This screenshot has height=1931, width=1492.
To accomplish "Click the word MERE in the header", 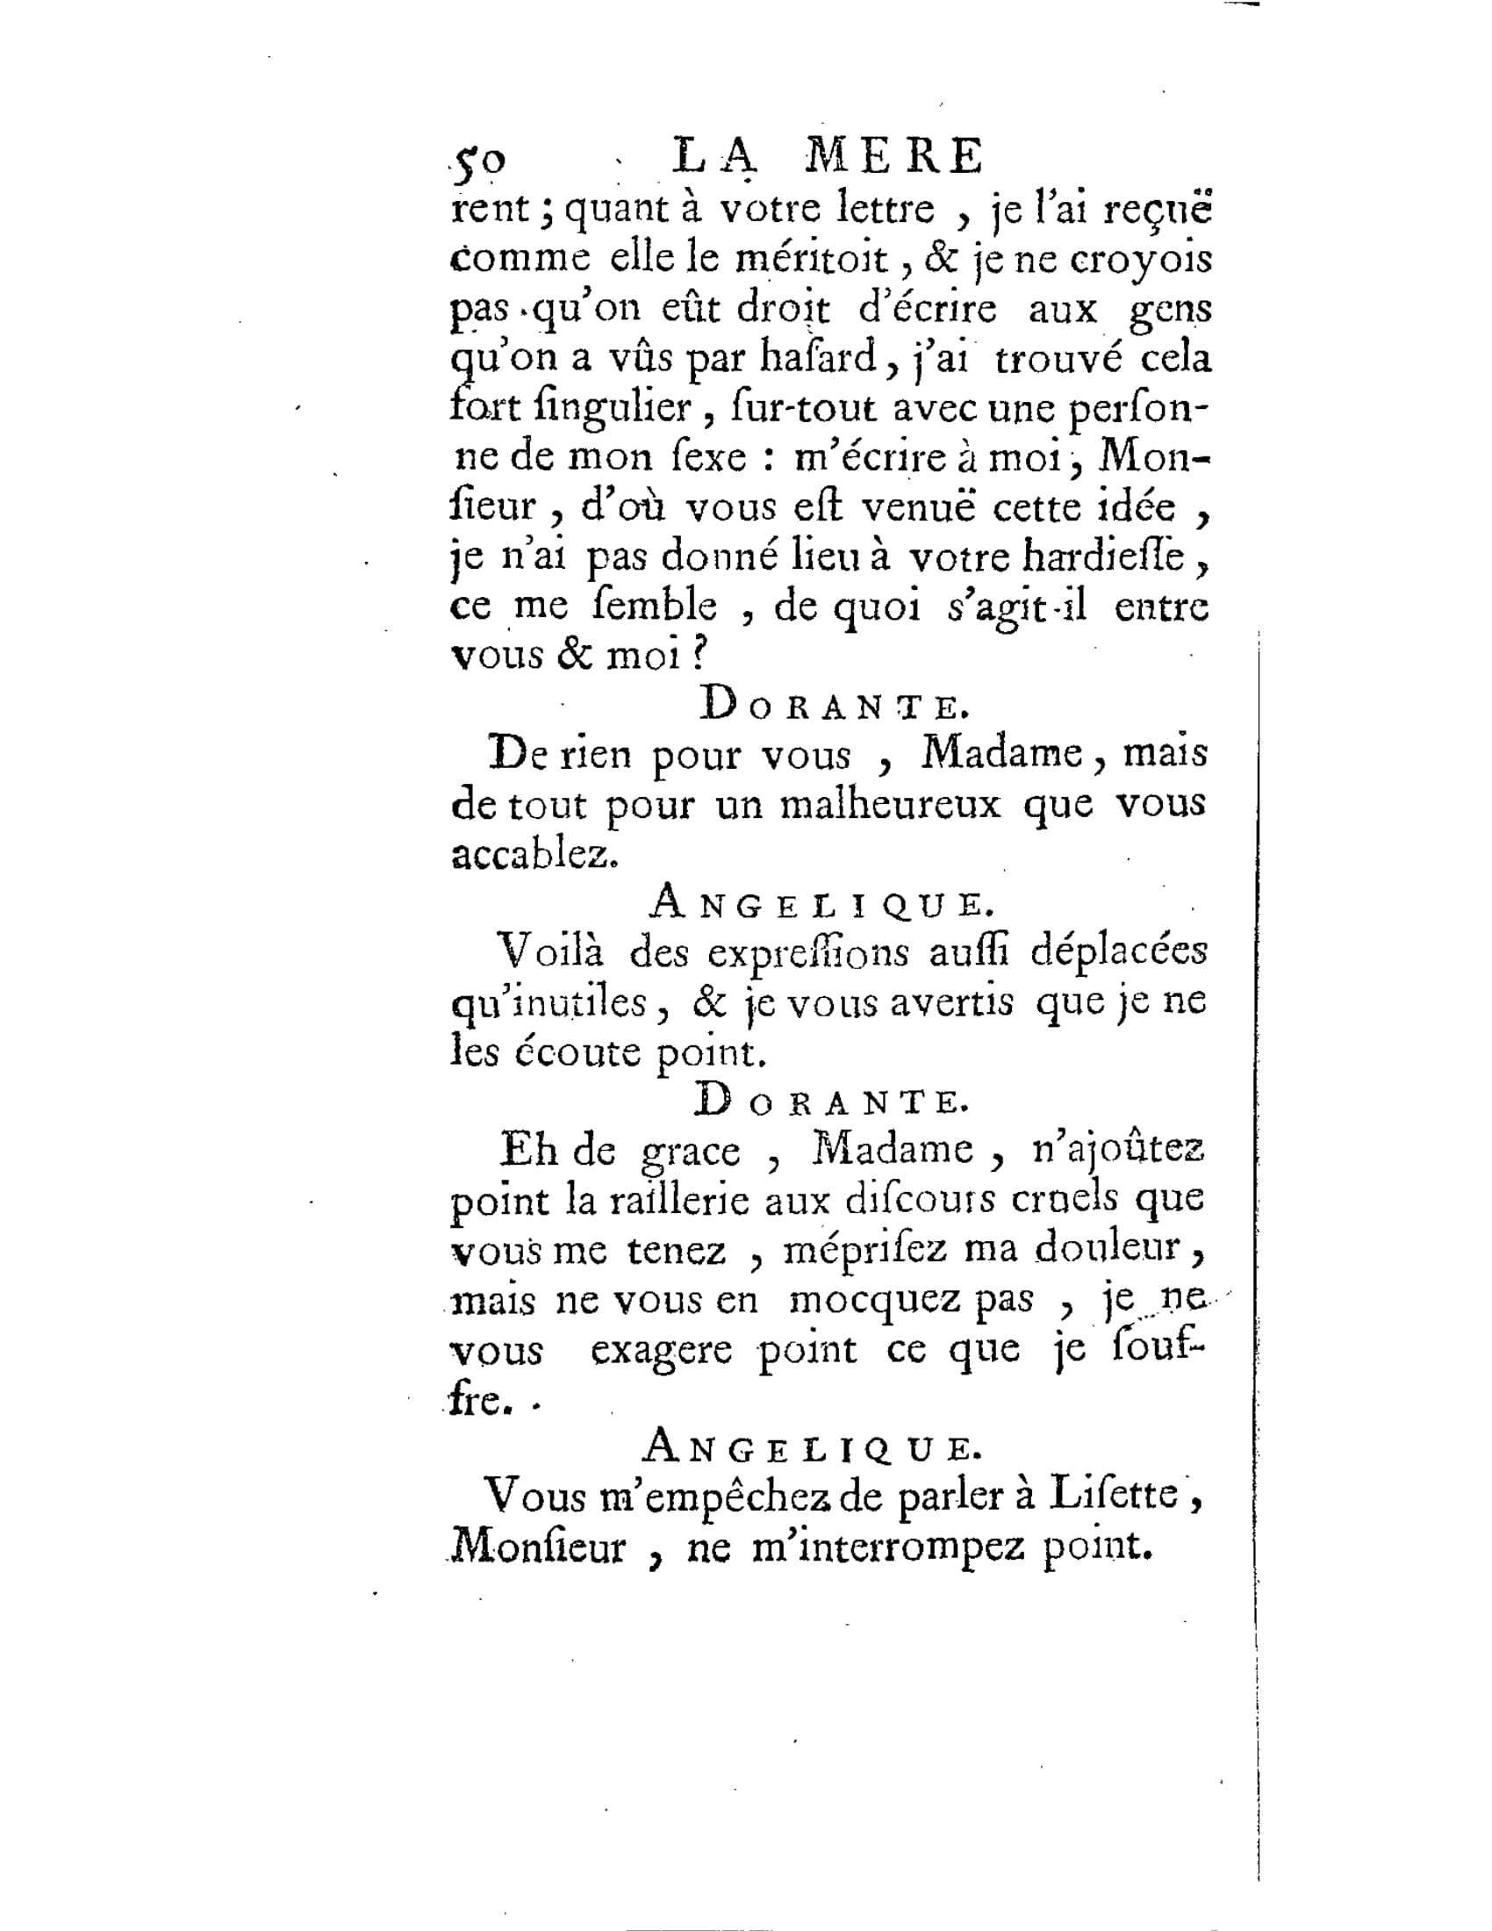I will pyautogui.click(x=893, y=157).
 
